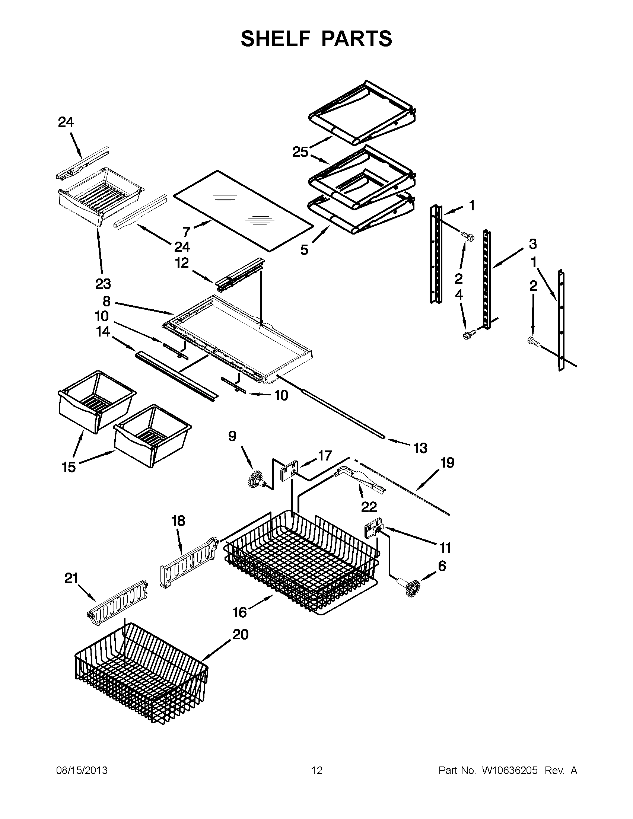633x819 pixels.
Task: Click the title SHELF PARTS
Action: (x=316, y=39)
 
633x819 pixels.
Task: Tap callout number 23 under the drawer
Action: (x=103, y=284)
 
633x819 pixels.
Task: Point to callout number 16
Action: (x=240, y=612)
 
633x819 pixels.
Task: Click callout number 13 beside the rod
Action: (x=420, y=448)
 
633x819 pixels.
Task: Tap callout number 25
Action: (x=300, y=152)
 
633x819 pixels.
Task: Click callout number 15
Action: (x=69, y=467)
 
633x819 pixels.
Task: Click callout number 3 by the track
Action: (x=532, y=244)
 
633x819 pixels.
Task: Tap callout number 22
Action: (x=369, y=507)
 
